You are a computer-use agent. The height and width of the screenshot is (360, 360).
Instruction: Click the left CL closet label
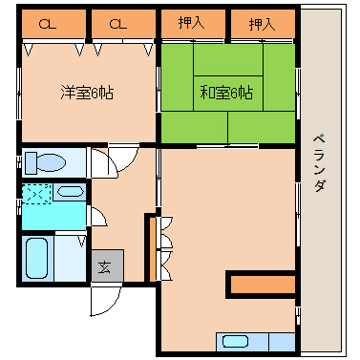45,23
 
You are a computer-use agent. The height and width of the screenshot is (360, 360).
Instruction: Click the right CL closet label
116,23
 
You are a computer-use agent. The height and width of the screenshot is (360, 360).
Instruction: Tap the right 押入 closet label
262,22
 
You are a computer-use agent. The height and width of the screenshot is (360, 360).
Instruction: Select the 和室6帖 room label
226,93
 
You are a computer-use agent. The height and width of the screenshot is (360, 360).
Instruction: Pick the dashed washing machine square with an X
36,193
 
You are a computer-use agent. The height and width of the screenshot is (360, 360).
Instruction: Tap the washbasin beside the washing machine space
70,192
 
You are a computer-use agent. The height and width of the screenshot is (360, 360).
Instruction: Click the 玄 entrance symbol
104,266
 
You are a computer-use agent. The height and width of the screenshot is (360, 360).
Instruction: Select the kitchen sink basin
236,341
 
